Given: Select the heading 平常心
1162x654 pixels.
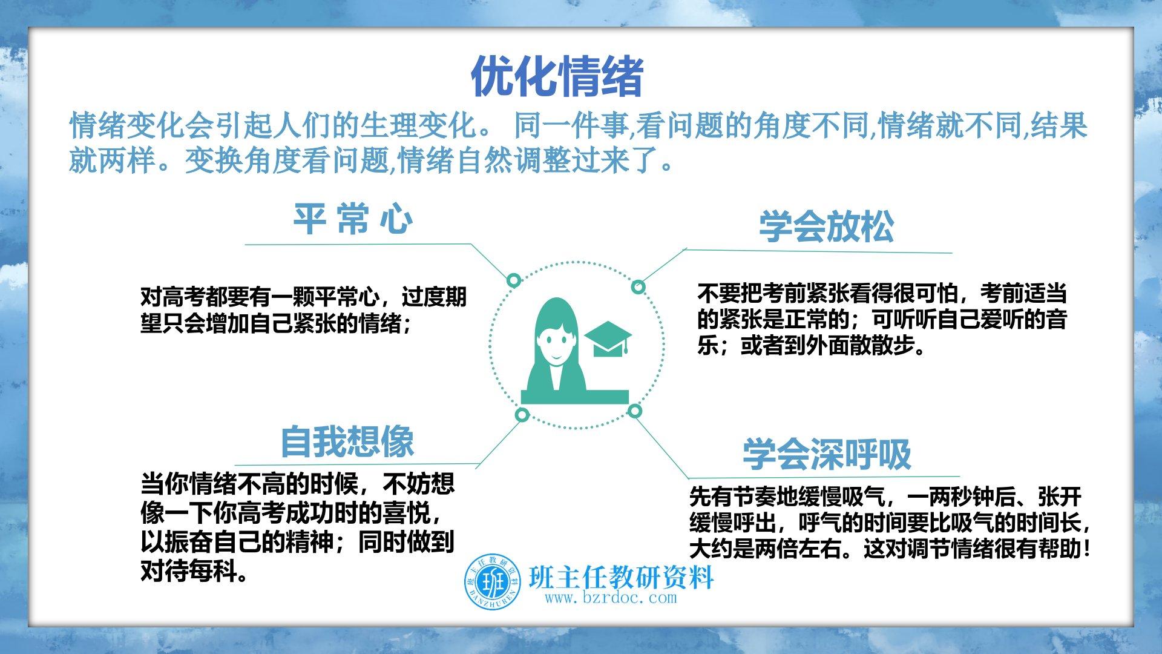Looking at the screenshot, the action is tap(353, 219).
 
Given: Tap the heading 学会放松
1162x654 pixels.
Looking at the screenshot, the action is tap(826, 226).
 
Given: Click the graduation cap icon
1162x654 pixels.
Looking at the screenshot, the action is tap(608, 339).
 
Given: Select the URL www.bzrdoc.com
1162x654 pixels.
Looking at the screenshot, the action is tap(611, 598).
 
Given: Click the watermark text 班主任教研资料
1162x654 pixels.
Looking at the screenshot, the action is tap(621, 577).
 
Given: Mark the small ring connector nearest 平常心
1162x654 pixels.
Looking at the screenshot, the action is tap(514, 280).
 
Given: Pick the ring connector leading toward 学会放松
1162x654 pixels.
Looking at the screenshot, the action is tap(638, 287).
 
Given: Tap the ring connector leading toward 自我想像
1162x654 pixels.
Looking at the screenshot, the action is tap(522, 415).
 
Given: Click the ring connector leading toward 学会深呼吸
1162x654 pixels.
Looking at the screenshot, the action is tap(634, 412).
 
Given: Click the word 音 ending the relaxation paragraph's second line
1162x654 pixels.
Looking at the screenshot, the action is tap(1055, 319).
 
